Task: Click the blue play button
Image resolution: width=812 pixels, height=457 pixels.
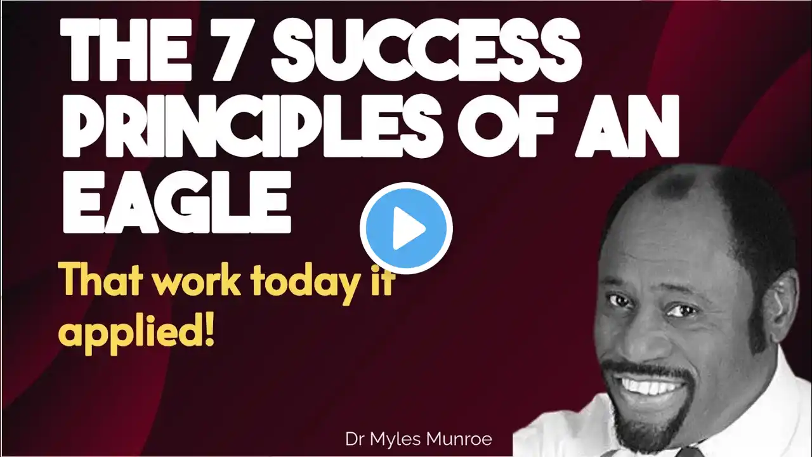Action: pos(406,228)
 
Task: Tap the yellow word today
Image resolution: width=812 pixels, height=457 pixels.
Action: pos(306,285)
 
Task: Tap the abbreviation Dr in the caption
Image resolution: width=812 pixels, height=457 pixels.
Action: pos(355,439)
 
